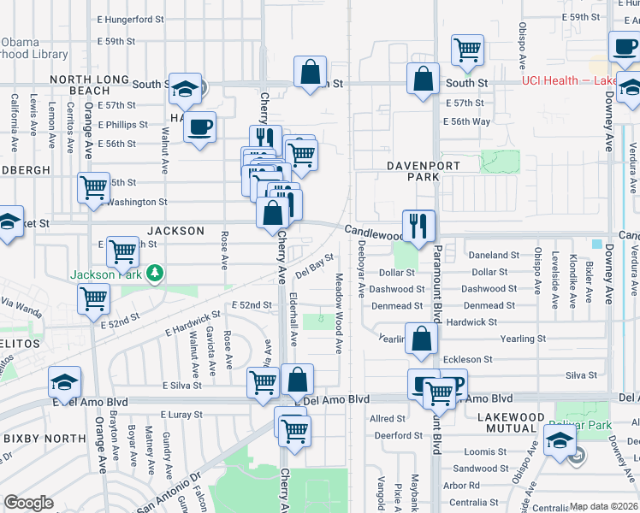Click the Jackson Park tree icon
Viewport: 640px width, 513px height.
(155, 274)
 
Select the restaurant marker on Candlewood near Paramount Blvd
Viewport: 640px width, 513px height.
(418, 227)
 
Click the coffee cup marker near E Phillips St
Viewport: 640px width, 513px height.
(199, 128)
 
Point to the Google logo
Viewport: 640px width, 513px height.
(28, 503)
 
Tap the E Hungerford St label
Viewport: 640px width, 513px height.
(130, 19)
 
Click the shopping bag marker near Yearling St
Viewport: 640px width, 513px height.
(422, 339)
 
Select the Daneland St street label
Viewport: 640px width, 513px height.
(495, 255)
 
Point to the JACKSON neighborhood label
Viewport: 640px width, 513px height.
(175, 231)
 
